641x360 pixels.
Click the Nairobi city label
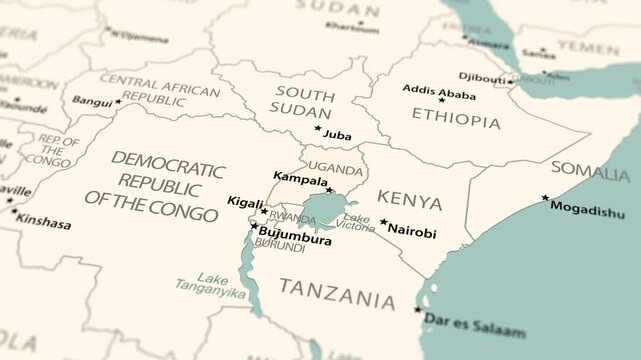(x=412, y=232)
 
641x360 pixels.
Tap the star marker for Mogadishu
(x=545, y=198)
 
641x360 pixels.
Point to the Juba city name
(x=337, y=135)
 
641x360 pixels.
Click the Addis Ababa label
(x=440, y=89)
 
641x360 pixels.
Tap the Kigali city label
(x=245, y=202)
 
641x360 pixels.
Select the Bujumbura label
(x=295, y=240)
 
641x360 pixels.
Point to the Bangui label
(x=92, y=101)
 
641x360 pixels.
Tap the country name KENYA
(x=410, y=202)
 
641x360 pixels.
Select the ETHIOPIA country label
(x=456, y=121)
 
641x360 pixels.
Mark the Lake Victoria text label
(x=358, y=223)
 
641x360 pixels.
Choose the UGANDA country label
(x=335, y=166)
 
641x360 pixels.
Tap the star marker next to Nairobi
(x=383, y=222)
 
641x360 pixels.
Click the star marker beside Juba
(x=318, y=128)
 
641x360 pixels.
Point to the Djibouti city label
(x=482, y=76)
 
